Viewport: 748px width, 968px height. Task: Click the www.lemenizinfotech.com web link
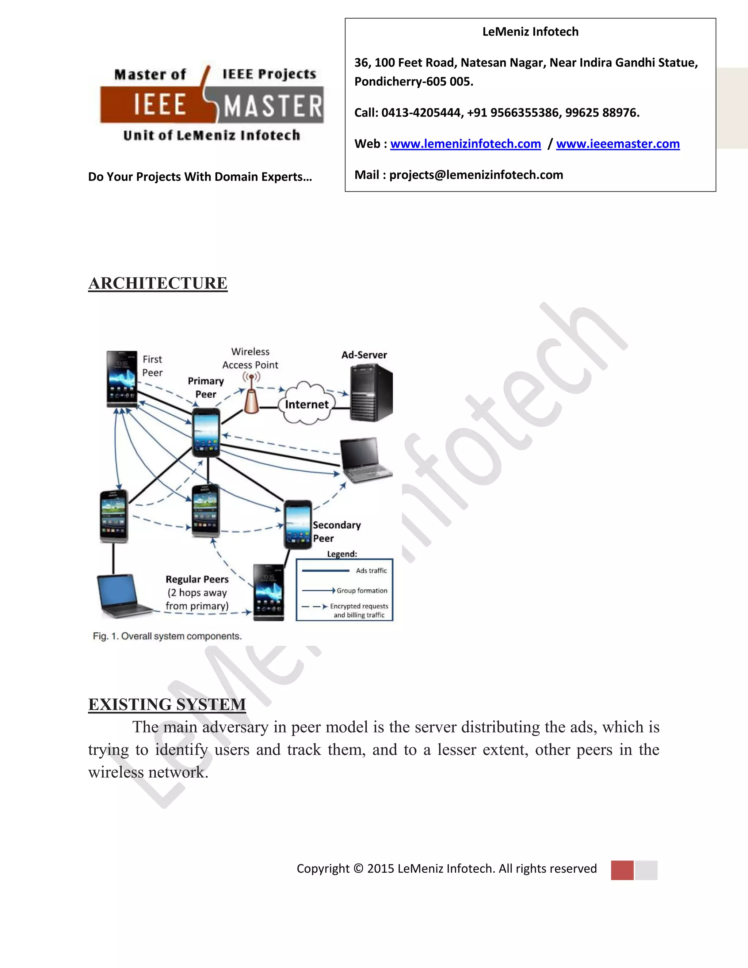[x=465, y=144]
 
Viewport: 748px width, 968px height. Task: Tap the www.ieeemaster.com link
[x=618, y=144]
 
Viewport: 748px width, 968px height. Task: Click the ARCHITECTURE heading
[x=158, y=283]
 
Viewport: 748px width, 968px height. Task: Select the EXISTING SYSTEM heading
[x=167, y=704]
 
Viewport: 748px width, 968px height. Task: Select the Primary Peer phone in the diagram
[x=206, y=432]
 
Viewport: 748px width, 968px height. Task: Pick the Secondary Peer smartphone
[x=297, y=524]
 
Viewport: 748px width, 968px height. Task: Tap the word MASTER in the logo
[x=272, y=106]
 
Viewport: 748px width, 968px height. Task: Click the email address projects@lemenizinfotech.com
[x=476, y=175]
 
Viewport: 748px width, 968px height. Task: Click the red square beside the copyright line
[x=622, y=870]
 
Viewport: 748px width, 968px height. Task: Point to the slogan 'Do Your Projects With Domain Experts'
[x=200, y=177]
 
